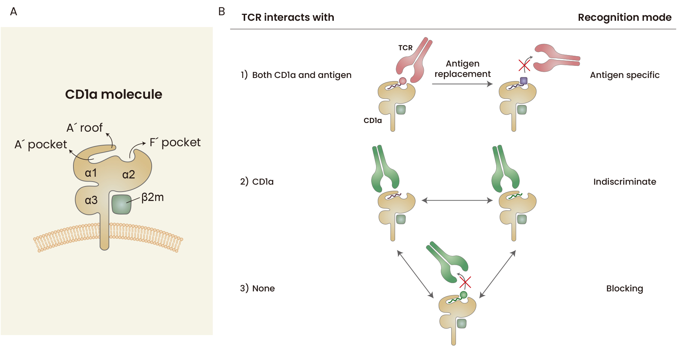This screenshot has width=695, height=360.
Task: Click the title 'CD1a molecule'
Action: (x=114, y=94)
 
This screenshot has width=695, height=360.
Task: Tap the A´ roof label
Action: (x=84, y=128)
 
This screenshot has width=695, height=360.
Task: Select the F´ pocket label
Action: (x=175, y=142)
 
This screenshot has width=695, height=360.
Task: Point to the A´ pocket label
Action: (x=41, y=144)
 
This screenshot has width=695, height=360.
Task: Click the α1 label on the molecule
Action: (x=91, y=173)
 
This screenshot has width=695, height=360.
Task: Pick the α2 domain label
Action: (x=128, y=174)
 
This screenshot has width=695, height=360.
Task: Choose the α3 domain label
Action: (x=91, y=200)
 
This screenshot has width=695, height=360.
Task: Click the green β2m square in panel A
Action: (x=121, y=204)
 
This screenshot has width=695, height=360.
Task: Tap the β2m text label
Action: (x=153, y=197)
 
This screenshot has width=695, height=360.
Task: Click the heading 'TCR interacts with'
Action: (x=288, y=17)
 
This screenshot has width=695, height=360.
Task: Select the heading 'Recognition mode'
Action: (x=624, y=17)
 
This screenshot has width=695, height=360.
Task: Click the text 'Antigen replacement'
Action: (x=462, y=69)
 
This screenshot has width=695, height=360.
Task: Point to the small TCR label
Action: (x=405, y=48)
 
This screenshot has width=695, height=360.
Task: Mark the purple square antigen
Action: (x=524, y=81)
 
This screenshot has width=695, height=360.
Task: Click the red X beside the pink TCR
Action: (x=524, y=65)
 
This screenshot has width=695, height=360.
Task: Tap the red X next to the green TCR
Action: (x=465, y=282)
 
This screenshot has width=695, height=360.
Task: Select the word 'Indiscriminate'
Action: (x=624, y=182)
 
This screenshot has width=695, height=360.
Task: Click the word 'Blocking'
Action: (x=624, y=288)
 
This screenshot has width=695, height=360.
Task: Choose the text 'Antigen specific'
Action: (x=624, y=75)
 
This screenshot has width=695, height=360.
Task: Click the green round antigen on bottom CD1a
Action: (x=464, y=295)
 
